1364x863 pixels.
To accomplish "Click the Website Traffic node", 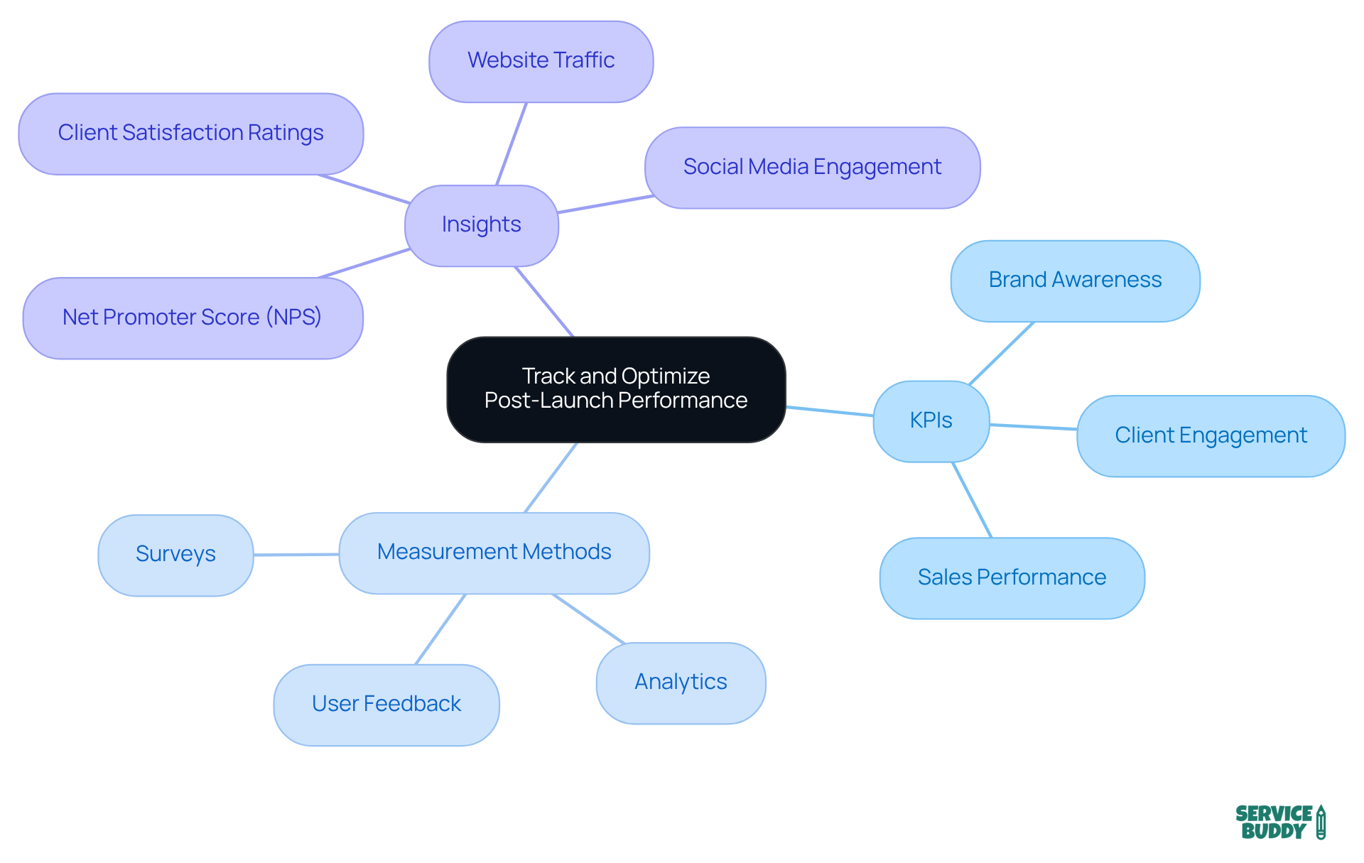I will (x=541, y=61).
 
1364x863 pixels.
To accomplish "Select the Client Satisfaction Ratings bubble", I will (x=190, y=134).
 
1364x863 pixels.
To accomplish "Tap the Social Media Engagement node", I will (x=812, y=168).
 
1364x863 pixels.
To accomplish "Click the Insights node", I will (x=481, y=225).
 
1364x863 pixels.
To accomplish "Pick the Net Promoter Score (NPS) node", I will (x=193, y=317).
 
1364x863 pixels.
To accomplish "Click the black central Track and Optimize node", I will (x=615, y=389).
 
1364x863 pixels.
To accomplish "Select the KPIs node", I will (x=931, y=420).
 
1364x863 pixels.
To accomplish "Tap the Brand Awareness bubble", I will (x=1075, y=281).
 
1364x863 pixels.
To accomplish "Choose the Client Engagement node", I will (x=1211, y=435).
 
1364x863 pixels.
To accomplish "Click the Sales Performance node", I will (x=1012, y=577).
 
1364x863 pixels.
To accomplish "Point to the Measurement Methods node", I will (x=494, y=553).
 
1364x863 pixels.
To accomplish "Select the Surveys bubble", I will (x=175, y=555).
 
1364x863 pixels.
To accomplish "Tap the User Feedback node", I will (x=386, y=705).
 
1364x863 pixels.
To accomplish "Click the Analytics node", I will (x=681, y=683).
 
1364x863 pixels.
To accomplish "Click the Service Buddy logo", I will (x=1279, y=822).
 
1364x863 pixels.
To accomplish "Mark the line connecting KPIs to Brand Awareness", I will (x=1002, y=353).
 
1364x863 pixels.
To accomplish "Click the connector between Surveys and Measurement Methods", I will (x=296, y=554).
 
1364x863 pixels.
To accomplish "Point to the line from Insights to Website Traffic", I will (x=511, y=144).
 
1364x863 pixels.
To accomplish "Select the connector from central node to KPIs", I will (x=829, y=411).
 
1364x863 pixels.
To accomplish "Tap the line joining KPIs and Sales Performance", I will (x=972, y=500).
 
